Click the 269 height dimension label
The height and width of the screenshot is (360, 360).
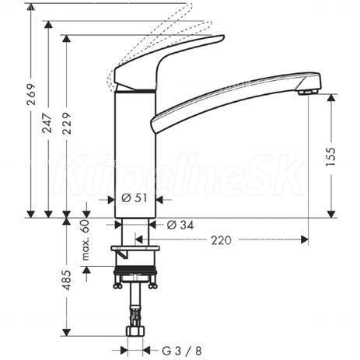pyautogui.click(x=31, y=94)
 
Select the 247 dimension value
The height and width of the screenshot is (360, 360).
pyautogui.click(x=47, y=123)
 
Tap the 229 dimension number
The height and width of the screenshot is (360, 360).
pyautogui.click(x=67, y=124)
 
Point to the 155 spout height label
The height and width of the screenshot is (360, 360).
pyautogui.click(x=331, y=157)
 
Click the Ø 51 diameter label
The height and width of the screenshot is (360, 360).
pyautogui.click(x=134, y=198)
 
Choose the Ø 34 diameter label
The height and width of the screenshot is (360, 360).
pyautogui.click(x=180, y=225)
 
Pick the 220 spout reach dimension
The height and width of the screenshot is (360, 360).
pyautogui.click(x=221, y=240)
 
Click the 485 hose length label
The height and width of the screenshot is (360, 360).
pyautogui.click(x=67, y=280)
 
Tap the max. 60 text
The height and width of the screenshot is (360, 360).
pyautogui.click(x=86, y=240)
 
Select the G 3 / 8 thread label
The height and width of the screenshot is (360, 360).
pyautogui.click(x=182, y=351)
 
